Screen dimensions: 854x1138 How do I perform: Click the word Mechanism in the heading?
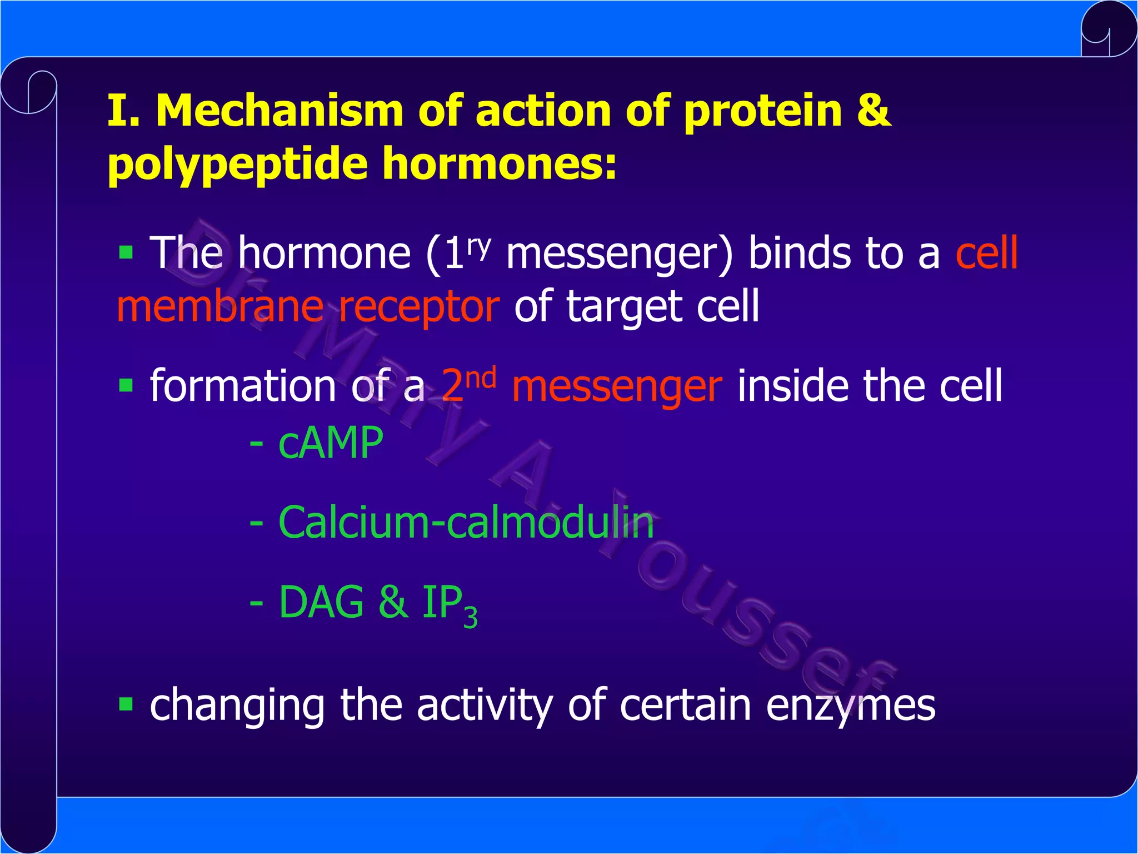click(x=279, y=111)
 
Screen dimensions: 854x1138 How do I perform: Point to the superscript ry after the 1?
click(x=479, y=245)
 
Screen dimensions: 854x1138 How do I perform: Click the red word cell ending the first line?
click(x=986, y=253)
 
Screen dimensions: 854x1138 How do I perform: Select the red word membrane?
click(x=220, y=307)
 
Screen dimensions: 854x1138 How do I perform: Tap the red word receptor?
click(x=419, y=307)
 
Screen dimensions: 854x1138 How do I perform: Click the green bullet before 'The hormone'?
click(x=126, y=253)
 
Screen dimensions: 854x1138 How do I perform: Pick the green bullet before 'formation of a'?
click(x=126, y=385)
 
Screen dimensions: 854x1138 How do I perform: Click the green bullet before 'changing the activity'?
click(x=126, y=704)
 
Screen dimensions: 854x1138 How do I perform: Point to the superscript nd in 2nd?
click(x=481, y=378)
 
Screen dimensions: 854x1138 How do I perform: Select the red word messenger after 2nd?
click(x=617, y=387)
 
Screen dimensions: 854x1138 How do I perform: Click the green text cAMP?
click(x=331, y=443)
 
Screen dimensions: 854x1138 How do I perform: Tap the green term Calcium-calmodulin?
click(x=466, y=523)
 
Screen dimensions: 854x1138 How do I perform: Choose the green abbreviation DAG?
click(x=321, y=602)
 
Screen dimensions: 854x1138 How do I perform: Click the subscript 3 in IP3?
click(x=470, y=617)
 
